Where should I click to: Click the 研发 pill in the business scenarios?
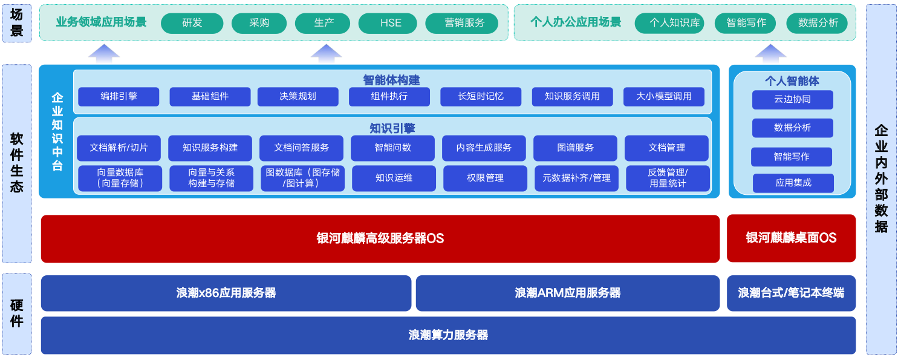click(x=192, y=23)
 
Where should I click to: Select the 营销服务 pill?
click(x=462, y=23)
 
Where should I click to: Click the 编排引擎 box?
click(x=119, y=97)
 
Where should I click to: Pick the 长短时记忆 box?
click(x=481, y=97)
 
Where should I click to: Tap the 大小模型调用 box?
click(x=664, y=97)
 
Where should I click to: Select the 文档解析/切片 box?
click(x=119, y=148)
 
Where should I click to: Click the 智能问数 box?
click(x=392, y=148)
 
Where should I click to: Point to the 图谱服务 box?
click(x=575, y=148)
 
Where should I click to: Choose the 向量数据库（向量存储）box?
click(x=120, y=178)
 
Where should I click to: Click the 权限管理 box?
click(x=485, y=178)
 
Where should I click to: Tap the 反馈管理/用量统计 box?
click(x=668, y=178)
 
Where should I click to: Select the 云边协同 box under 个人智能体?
click(x=793, y=99)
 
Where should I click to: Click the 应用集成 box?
click(x=793, y=183)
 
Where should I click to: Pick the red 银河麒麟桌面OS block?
click(x=792, y=238)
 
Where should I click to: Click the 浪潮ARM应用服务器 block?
click(x=568, y=293)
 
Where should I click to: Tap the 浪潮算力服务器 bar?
click(x=448, y=335)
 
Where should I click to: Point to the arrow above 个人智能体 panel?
click(x=770, y=53)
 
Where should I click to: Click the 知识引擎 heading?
click(x=392, y=128)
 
